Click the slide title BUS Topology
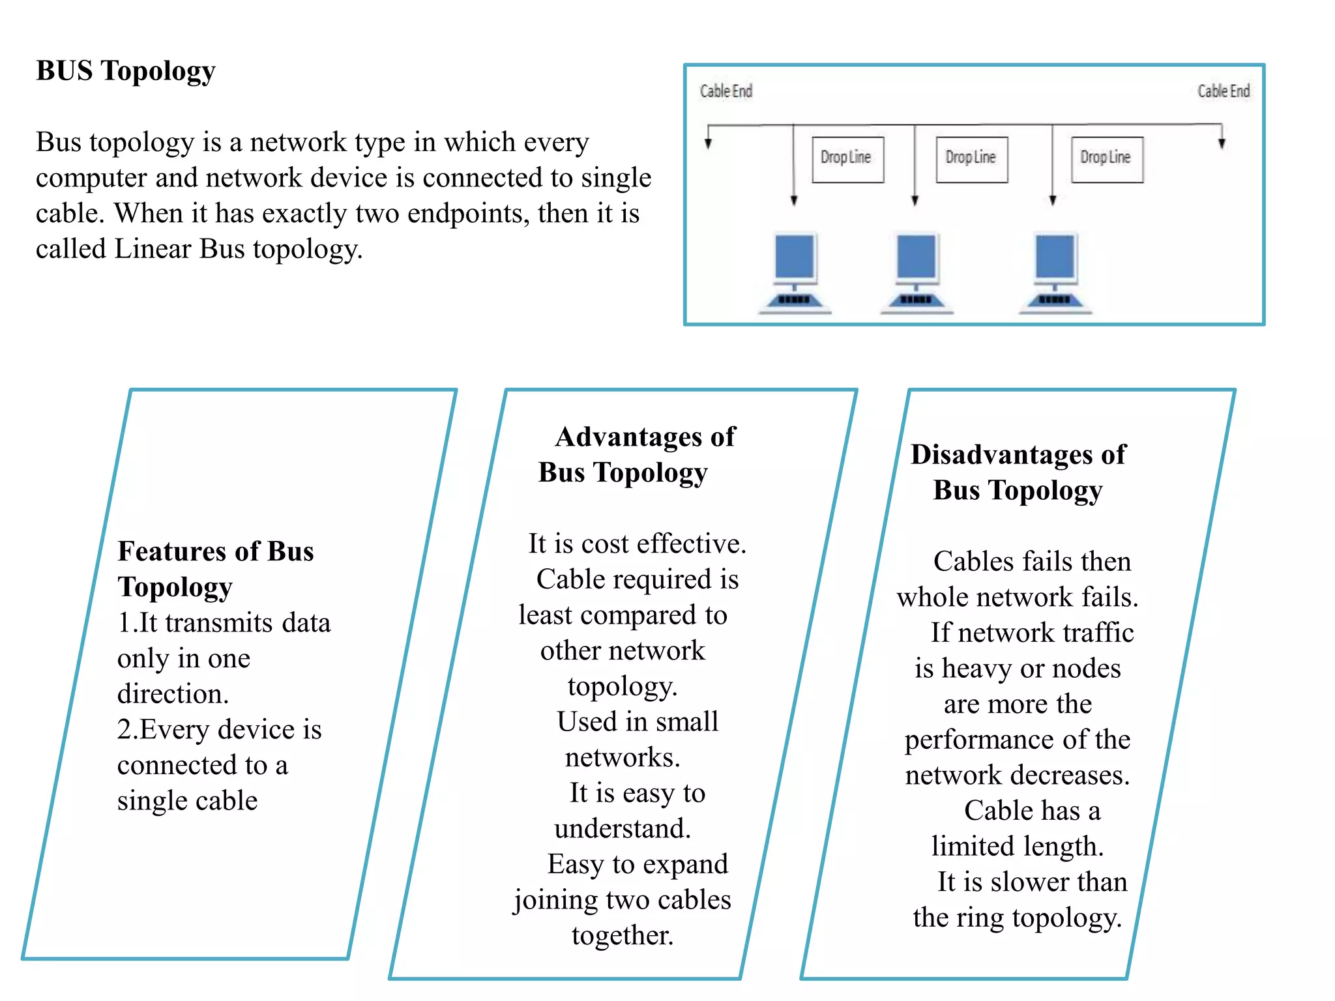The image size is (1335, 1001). tap(125, 71)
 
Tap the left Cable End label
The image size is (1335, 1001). tap(726, 91)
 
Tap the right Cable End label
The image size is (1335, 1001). tap(1224, 91)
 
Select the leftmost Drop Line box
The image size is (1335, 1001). tap(847, 159)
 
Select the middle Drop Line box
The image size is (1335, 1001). tap(971, 159)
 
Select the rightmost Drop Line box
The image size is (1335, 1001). tap(1106, 159)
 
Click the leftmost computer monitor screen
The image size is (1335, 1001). tap(794, 256)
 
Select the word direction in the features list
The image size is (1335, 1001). tap(172, 694)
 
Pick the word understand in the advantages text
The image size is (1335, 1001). tap(621, 829)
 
